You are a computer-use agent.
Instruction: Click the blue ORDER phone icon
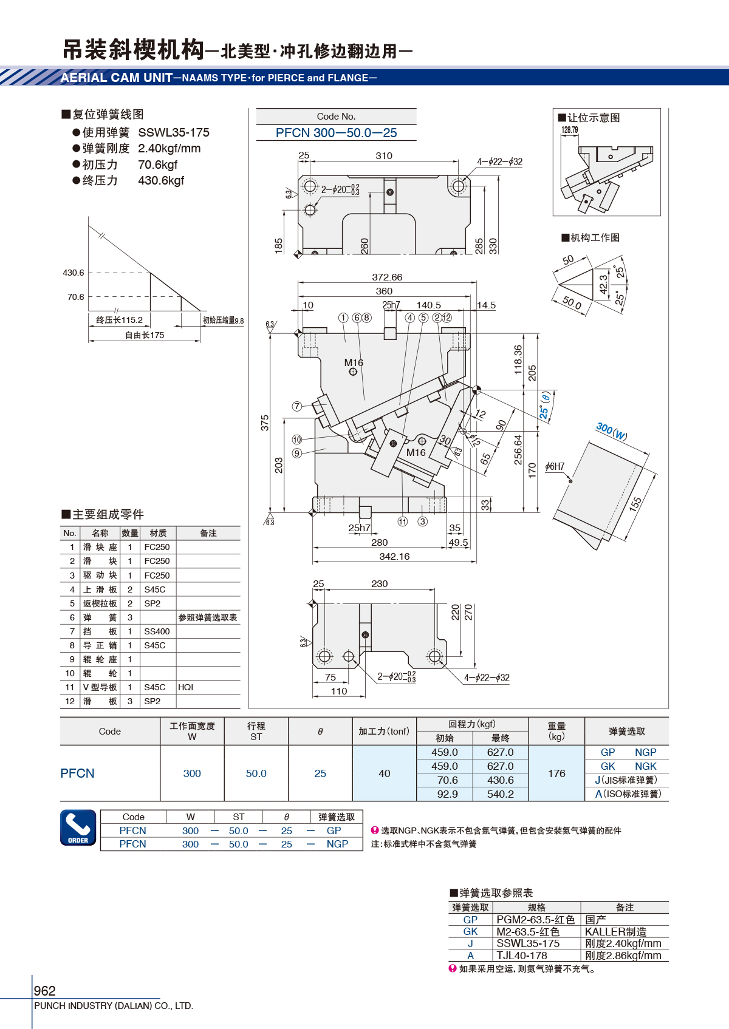point(78,827)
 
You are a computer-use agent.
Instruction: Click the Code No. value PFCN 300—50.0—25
point(336,133)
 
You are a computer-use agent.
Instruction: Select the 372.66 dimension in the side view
point(387,277)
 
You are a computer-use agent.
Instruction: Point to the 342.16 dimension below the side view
point(394,557)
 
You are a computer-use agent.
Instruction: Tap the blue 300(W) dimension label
point(611,431)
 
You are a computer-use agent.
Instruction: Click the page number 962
point(45,991)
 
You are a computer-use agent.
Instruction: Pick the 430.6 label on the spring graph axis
point(74,273)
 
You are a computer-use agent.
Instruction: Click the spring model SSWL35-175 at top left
point(174,132)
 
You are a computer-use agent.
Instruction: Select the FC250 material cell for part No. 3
point(157,575)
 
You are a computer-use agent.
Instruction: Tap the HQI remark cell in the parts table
point(186,687)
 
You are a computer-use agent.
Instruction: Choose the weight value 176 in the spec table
point(556,773)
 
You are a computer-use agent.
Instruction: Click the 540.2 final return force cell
point(500,794)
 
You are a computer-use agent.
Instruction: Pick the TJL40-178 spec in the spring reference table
point(522,956)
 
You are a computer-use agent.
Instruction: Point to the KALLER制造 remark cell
point(615,932)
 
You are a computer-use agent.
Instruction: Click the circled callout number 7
point(296,407)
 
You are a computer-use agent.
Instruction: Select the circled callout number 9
point(296,453)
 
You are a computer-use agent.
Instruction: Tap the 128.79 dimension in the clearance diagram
point(570,130)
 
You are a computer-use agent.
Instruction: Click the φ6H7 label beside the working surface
point(555,467)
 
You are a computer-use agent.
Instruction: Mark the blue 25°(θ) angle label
point(544,405)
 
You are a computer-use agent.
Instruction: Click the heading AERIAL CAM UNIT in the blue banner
point(117,78)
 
